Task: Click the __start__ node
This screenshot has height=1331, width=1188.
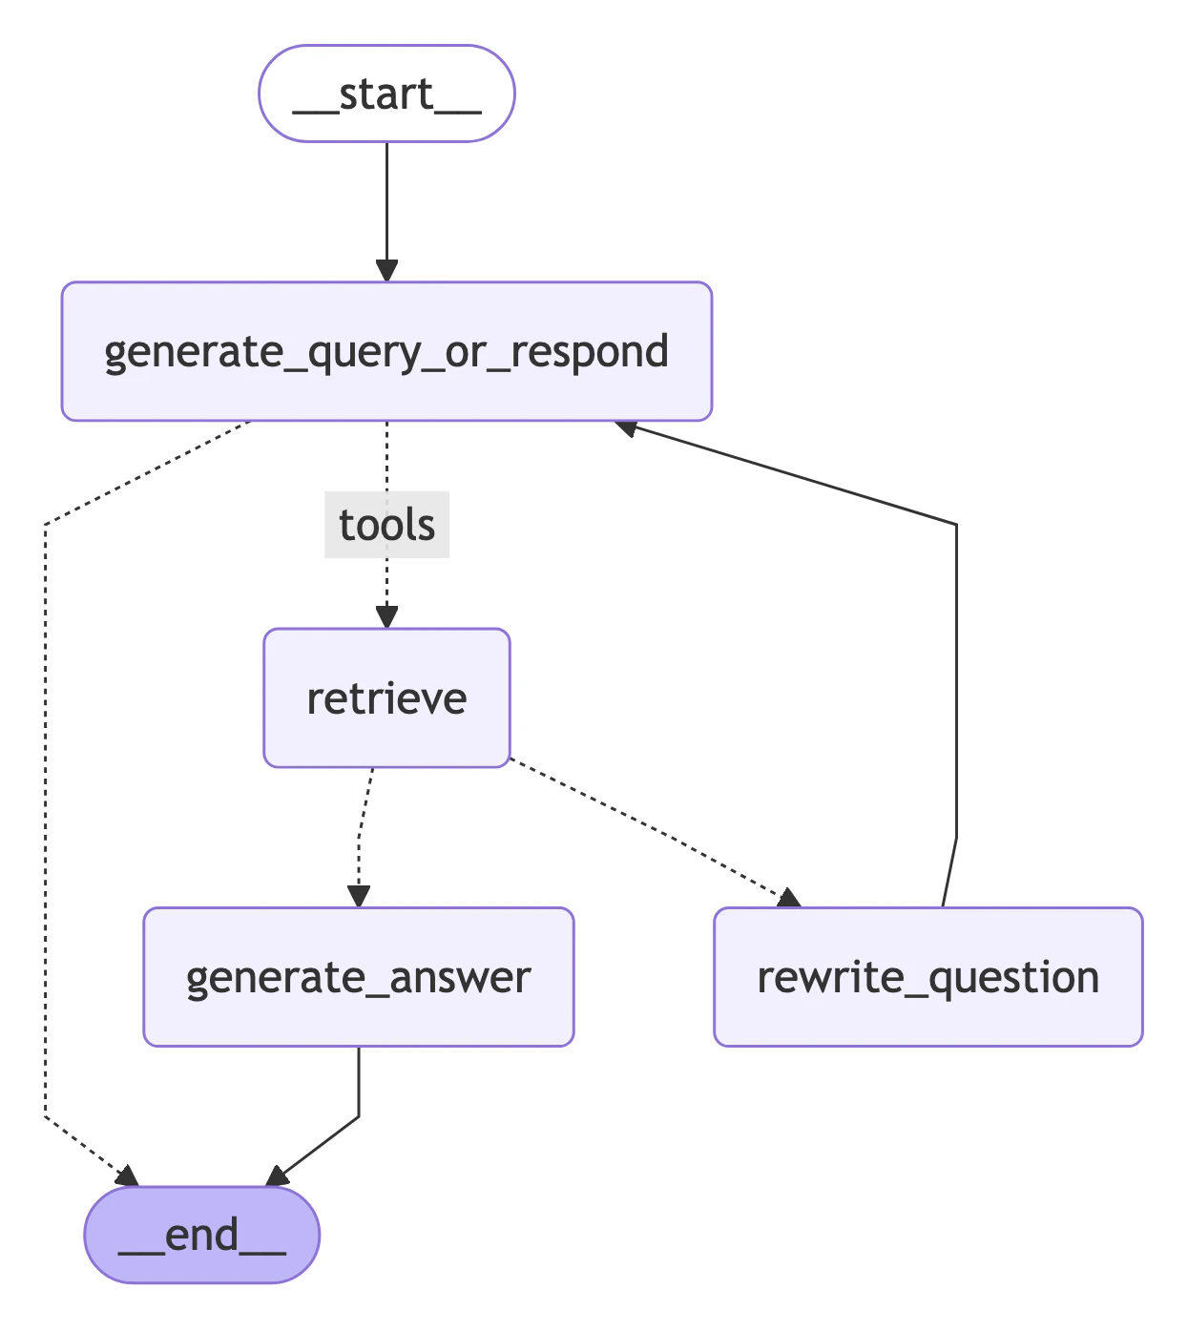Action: tap(386, 94)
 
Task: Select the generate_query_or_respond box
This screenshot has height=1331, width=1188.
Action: tap(386, 351)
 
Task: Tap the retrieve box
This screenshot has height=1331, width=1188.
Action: tap(386, 697)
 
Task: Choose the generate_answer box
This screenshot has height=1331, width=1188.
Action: tap(358, 977)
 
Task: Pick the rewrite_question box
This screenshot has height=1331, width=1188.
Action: tap(927, 977)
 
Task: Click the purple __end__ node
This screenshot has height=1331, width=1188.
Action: tap(201, 1235)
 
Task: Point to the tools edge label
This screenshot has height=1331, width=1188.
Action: tap(386, 525)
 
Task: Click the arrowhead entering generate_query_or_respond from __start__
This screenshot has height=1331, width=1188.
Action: tap(386, 270)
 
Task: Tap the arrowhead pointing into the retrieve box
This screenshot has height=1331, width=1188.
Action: tap(386, 616)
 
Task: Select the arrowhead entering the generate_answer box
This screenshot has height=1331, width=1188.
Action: tap(359, 896)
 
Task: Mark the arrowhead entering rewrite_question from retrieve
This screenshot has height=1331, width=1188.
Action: tap(788, 898)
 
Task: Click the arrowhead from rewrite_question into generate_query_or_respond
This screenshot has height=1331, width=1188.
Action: tap(627, 427)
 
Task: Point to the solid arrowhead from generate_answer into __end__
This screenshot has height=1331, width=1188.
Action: tap(278, 1176)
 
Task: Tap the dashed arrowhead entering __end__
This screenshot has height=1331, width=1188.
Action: tap(127, 1176)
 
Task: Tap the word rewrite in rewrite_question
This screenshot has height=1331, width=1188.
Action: tap(828, 977)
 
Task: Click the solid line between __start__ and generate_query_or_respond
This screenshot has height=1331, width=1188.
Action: tap(386, 200)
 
